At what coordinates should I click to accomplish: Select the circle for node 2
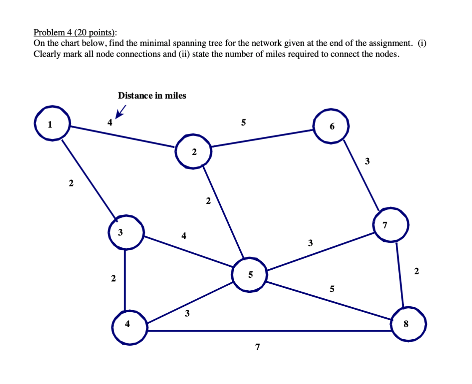193,151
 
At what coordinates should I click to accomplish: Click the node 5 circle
249,275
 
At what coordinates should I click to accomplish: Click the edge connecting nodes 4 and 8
270,331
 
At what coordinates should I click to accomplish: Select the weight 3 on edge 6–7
367,161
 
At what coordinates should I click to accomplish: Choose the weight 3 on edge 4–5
187,314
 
